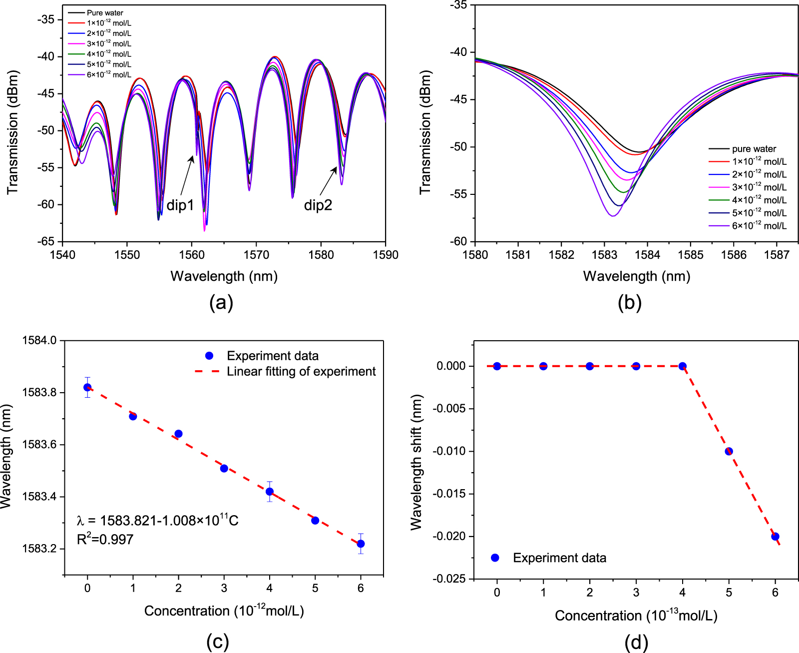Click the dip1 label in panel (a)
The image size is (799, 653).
tap(180, 205)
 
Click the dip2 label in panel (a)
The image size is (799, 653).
tap(318, 205)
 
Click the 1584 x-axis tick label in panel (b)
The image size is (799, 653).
tap(648, 255)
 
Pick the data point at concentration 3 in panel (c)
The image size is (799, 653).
tap(224, 469)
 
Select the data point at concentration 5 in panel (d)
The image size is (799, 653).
tap(729, 451)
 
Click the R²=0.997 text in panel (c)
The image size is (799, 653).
tap(105, 539)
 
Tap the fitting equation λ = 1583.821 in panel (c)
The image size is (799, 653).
tap(158, 520)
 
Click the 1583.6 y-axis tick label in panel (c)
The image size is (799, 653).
tap(39, 444)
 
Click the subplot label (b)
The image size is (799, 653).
tap(630, 303)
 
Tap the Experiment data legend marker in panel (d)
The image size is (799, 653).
tap(495, 558)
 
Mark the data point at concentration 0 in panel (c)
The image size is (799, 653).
tap(87, 387)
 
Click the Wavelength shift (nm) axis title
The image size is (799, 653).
tap(416, 462)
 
